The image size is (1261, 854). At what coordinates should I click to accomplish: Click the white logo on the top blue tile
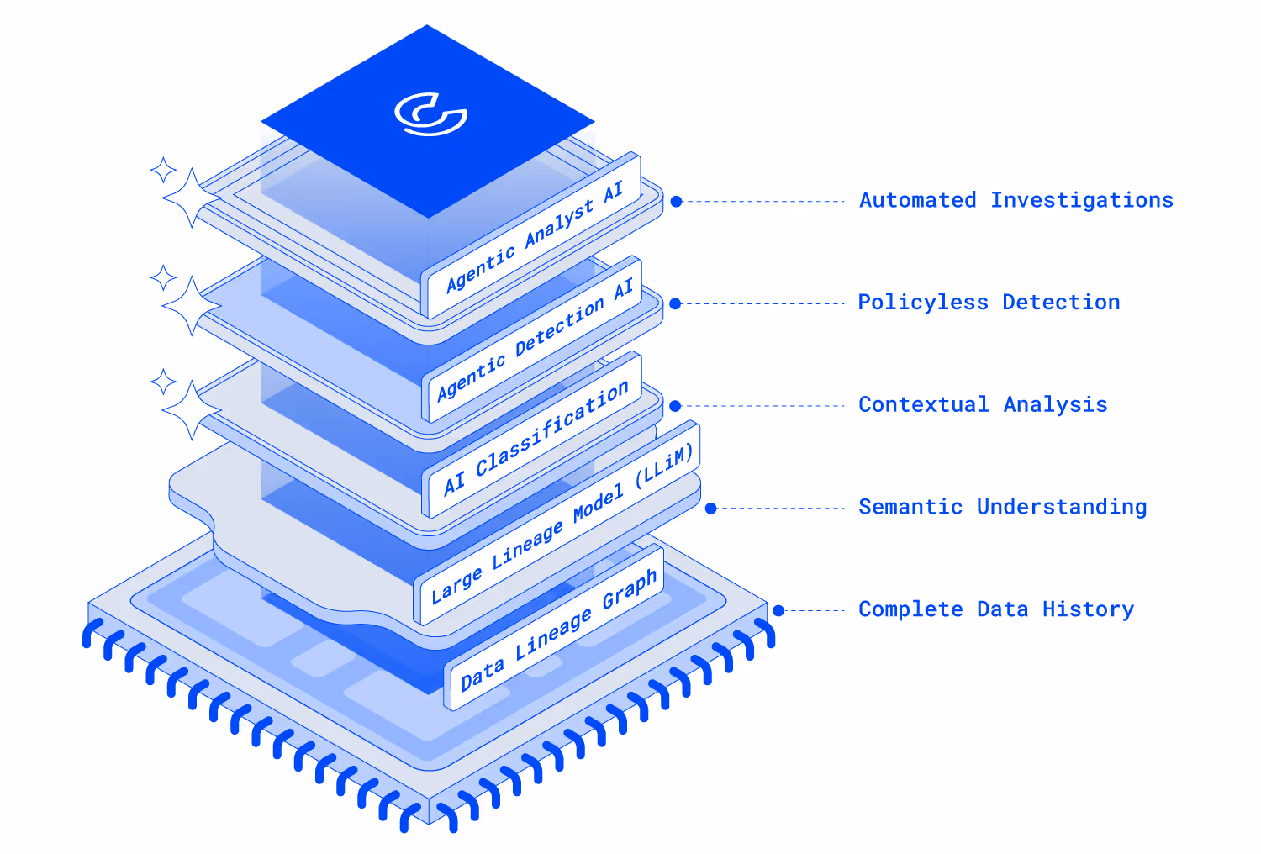click(x=430, y=114)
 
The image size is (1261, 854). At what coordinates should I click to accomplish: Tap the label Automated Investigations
click(x=1016, y=200)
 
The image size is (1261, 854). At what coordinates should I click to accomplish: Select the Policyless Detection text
click(x=989, y=303)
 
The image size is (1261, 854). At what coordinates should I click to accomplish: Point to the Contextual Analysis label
click(x=983, y=405)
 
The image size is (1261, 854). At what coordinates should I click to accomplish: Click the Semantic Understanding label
click(x=1002, y=507)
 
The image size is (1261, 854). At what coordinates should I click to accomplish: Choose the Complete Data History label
click(x=996, y=609)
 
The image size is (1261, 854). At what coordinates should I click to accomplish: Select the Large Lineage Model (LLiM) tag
click(x=561, y=524)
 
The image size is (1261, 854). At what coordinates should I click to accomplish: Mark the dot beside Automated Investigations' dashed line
click(x=676, y=202)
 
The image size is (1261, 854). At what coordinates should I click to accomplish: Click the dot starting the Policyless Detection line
click(x=675, y=303)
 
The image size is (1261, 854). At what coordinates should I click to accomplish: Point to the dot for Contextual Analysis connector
click(x=675, y=406)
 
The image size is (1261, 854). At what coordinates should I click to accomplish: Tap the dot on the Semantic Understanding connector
click(x=710, y=509)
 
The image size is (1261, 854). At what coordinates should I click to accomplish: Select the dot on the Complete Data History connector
click(x=778, y=611)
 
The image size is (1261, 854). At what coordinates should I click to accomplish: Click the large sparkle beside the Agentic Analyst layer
click(x=192, y=198)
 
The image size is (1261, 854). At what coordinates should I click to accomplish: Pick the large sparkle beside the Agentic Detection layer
click(x=192, y=306)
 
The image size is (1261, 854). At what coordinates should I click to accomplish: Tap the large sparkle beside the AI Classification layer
click(x=192, y=410)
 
